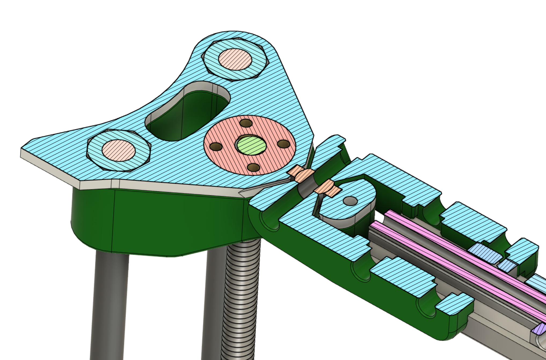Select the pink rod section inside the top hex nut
pyautogui.click(x=235, y=59)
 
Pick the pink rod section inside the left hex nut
pyautogui.click(x=118, y=150)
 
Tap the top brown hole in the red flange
pyautogui.click(x=246, y=123)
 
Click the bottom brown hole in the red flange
pyautogui.click(x=253, y=168)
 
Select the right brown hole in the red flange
pyautogui.click(x=284, y=144)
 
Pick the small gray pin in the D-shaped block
pyautogui.click(x=350, y=201)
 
